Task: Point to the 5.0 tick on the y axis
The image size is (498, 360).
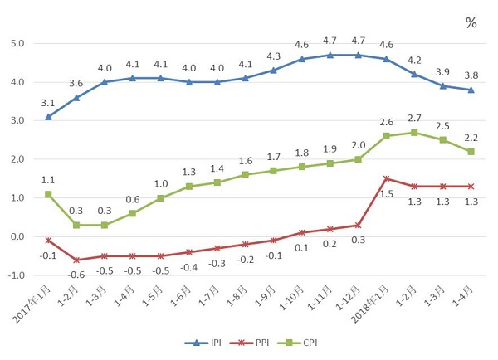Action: click(17, 43)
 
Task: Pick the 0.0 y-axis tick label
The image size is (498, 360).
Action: click(17, 236)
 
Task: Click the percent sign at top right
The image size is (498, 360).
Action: click(471, 23)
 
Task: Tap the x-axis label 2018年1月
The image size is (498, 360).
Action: click(369, 304)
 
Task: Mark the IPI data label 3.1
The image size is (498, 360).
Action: click(49, 102)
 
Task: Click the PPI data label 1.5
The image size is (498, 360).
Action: click(387, 193)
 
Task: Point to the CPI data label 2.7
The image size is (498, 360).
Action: click(415, 119)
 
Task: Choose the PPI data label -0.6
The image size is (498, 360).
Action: click(76, 274)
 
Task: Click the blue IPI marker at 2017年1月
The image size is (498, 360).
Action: click(49, 117)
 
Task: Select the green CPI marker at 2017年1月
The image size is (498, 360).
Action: click(49, 194)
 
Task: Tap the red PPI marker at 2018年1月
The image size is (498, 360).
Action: click(387, 178)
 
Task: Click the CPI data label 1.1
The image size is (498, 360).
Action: click(49, 178)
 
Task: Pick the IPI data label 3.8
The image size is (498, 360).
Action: click(471, 75)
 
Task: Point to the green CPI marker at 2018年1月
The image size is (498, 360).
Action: click(387, 136)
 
